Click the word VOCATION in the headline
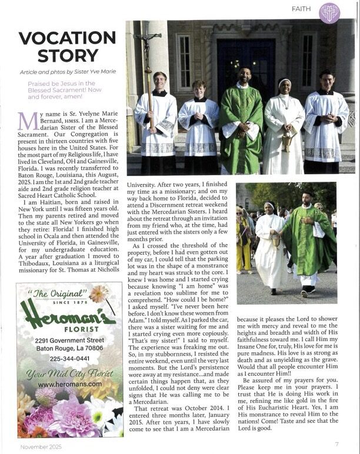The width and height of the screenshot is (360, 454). point(66,39)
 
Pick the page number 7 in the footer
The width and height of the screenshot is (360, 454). point(337,444)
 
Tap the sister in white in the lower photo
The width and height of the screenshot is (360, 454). point(270,244)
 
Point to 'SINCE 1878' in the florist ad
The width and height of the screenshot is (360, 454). point(66,303)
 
